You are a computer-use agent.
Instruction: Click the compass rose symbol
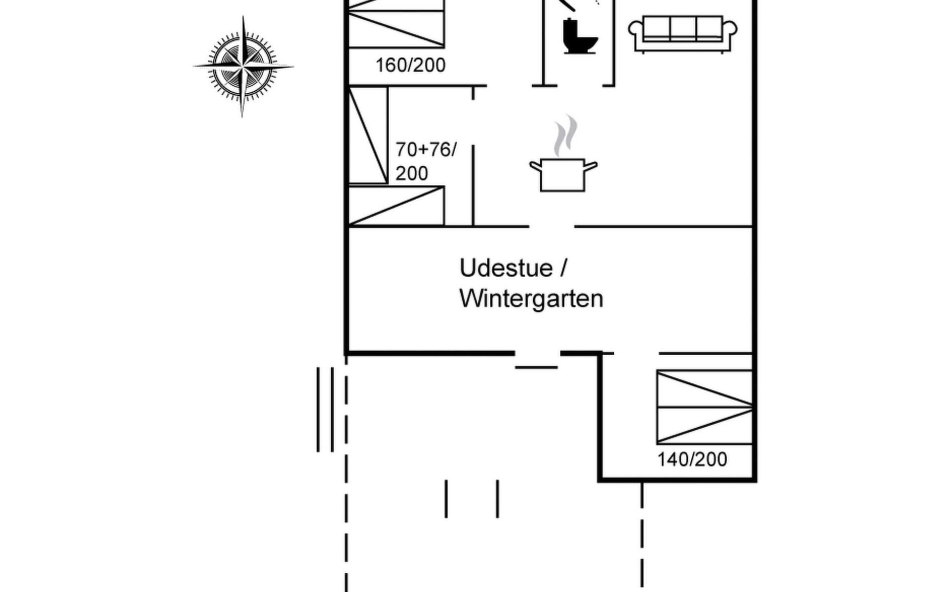click(x=242, y=66)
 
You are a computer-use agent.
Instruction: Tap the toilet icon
click(x=579, y=37)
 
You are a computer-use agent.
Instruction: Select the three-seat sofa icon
click(x=683, y=34)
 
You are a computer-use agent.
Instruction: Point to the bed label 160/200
click(x=410, y=65)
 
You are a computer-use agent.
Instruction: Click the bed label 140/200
click(x=692, y=459)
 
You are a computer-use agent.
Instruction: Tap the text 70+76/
click(x=426, y=149)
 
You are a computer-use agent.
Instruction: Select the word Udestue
click(x=506, y=268)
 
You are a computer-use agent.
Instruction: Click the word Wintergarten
click(x=531, y=298)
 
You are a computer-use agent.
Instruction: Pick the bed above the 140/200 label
click(x=705, y=407)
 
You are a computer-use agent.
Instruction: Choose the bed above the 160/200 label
click(x=396, y=25)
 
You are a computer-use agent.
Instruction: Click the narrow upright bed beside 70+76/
click(x=368, y=135)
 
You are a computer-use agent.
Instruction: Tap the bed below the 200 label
click(x=396, y=206)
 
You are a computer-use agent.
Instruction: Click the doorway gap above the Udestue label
click(x=552, y=226)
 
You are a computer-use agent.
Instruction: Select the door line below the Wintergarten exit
click(x=536, y=368)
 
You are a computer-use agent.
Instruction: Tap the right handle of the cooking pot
click(x=591, y=166)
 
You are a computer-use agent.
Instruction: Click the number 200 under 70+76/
click(x=412, y=174)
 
